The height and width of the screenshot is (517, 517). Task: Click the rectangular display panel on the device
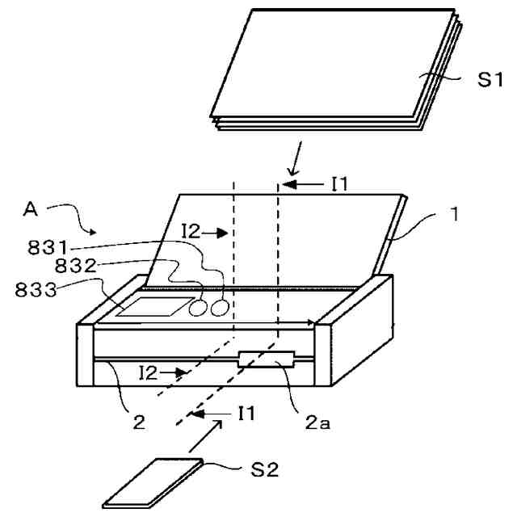tap(152, 307)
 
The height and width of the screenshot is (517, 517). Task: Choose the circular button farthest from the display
tap(216, 309)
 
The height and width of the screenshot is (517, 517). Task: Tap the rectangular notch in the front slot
tap(266, 359)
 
